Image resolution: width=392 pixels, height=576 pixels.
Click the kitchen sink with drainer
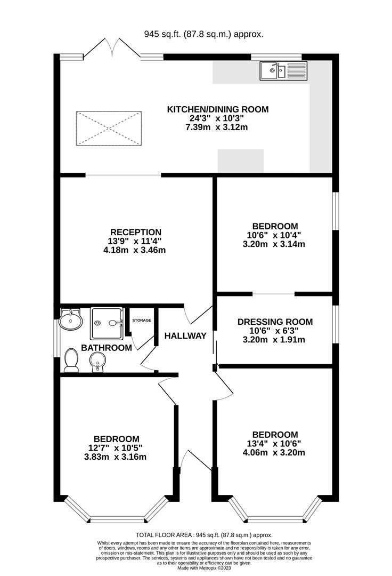284,70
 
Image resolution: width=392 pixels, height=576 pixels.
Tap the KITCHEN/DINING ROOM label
218,109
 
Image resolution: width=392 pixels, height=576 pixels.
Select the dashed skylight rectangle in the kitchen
109,129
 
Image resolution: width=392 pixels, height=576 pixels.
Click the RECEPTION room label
136,232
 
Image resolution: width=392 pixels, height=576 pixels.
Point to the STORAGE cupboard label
142,321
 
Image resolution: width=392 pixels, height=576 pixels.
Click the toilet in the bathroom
71,360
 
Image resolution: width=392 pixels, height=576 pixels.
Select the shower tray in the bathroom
107,323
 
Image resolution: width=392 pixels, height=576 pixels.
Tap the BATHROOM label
107,348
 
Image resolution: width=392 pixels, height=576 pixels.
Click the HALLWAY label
185,336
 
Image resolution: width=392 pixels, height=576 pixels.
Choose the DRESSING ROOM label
275,322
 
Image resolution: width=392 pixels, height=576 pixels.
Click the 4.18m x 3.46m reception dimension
135,250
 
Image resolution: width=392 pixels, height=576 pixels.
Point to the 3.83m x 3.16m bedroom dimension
115,457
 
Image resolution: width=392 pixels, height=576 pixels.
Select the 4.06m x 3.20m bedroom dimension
274,453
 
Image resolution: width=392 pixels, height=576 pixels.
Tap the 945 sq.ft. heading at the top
203,34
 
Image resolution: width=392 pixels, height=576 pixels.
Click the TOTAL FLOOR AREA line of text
204,535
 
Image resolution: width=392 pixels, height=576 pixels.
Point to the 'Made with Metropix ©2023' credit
204,568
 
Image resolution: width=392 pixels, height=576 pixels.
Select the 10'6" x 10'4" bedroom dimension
275,235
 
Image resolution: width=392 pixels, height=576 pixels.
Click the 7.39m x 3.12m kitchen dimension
217,127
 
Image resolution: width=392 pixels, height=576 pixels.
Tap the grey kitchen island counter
241,161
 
